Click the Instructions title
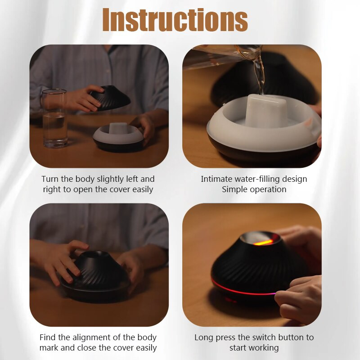[x=175, y=20]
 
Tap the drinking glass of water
[x=54, y=118]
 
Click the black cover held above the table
[x=110, y=98]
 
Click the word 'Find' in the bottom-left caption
[x=48, y=337]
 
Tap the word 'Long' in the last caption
[x=204, y=337]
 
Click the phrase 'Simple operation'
[x=254, y=189]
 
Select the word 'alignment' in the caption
[x=94, y=337]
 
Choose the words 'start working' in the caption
[x=254, y=348]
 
